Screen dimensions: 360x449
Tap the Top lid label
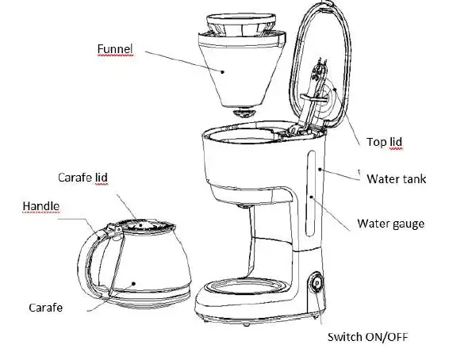(385, 142)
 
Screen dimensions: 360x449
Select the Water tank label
(396, 178)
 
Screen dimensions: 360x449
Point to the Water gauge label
(390, 224)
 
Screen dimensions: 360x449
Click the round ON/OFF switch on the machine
(316, 283)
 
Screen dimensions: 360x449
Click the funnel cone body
(238, 75)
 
